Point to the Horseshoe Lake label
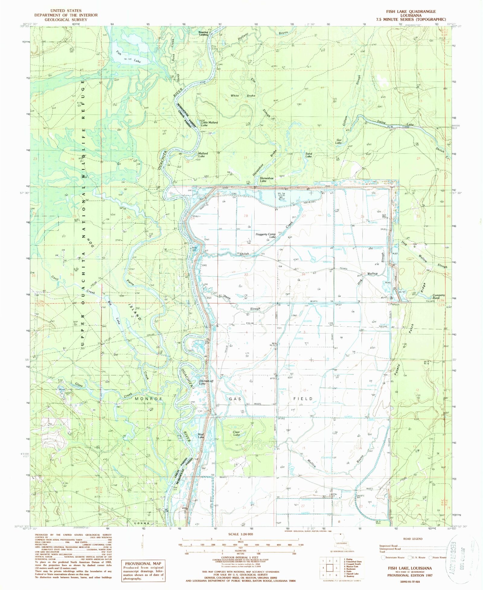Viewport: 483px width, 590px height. coord(267,179)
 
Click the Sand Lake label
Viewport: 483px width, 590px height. coord(309,155)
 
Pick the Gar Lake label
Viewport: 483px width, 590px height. coord(339,141)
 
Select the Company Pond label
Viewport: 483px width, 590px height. coord(439,297)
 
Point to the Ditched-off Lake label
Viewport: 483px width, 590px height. coord(206,382)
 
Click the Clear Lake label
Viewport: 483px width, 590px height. coord(236,433)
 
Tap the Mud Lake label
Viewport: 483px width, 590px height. coord(201,436)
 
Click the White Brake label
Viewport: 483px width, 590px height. coord(243,95)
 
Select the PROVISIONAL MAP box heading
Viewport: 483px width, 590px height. coord(143,563)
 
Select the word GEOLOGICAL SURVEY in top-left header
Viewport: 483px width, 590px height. coord(66,20)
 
